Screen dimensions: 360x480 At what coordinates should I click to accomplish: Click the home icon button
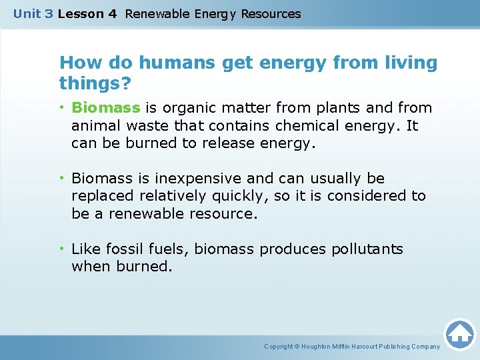click(x=459, y=333)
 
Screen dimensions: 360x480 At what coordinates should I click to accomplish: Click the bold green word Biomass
click(x=105, y=108)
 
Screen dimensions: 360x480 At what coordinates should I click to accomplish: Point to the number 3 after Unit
click(x=49, y=13)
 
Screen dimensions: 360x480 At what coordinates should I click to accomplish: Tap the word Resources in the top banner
click(x=271, y=13)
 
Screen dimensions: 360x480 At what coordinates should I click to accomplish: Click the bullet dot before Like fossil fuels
click(x=63, y=249)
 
